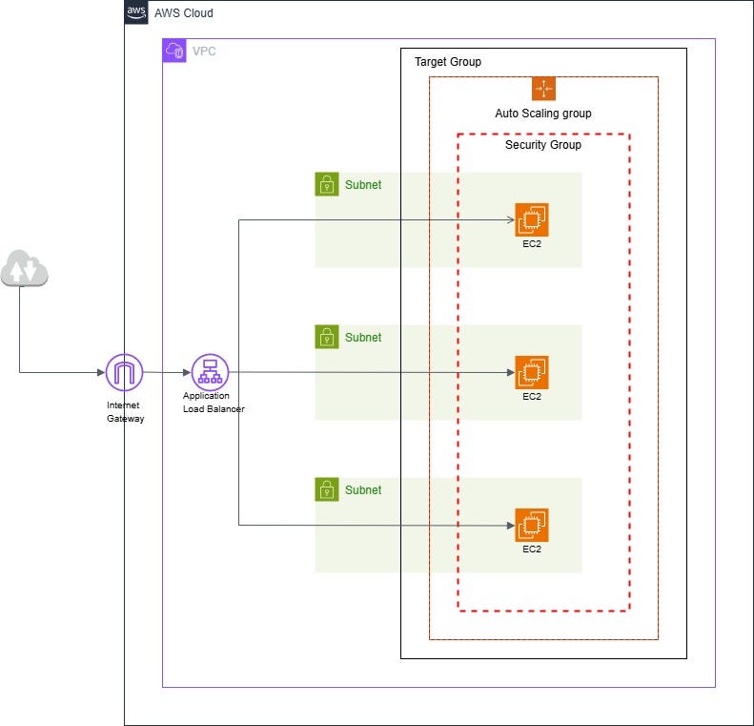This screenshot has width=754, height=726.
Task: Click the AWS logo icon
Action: point(136,12)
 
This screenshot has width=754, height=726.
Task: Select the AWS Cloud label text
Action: point(184,13)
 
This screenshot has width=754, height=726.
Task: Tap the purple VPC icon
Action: point(174,51)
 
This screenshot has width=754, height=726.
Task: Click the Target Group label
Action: point(448,62)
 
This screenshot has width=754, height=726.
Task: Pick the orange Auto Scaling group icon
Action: point(543,89)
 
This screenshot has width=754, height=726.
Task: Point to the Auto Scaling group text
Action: point(543,114)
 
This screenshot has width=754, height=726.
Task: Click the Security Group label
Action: point(543,145)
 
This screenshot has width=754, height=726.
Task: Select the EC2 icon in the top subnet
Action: point(532,219)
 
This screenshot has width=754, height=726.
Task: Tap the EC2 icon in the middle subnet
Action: point(532,372)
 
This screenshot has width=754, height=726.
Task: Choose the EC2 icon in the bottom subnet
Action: point(532,525)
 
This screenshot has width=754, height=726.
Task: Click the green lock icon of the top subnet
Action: point(327,184)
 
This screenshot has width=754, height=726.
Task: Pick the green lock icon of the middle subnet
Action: point(327,337)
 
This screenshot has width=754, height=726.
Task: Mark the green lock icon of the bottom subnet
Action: point(327,489)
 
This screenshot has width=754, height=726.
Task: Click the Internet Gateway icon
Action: point(124,372)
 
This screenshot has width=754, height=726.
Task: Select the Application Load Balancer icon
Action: point(209,372)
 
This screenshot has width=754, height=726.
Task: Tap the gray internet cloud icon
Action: point(25,269)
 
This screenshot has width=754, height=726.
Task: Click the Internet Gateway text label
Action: point(125,411)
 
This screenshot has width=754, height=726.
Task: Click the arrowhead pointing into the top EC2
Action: point(510,219)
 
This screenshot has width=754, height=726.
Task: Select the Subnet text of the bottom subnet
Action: point(363,490)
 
